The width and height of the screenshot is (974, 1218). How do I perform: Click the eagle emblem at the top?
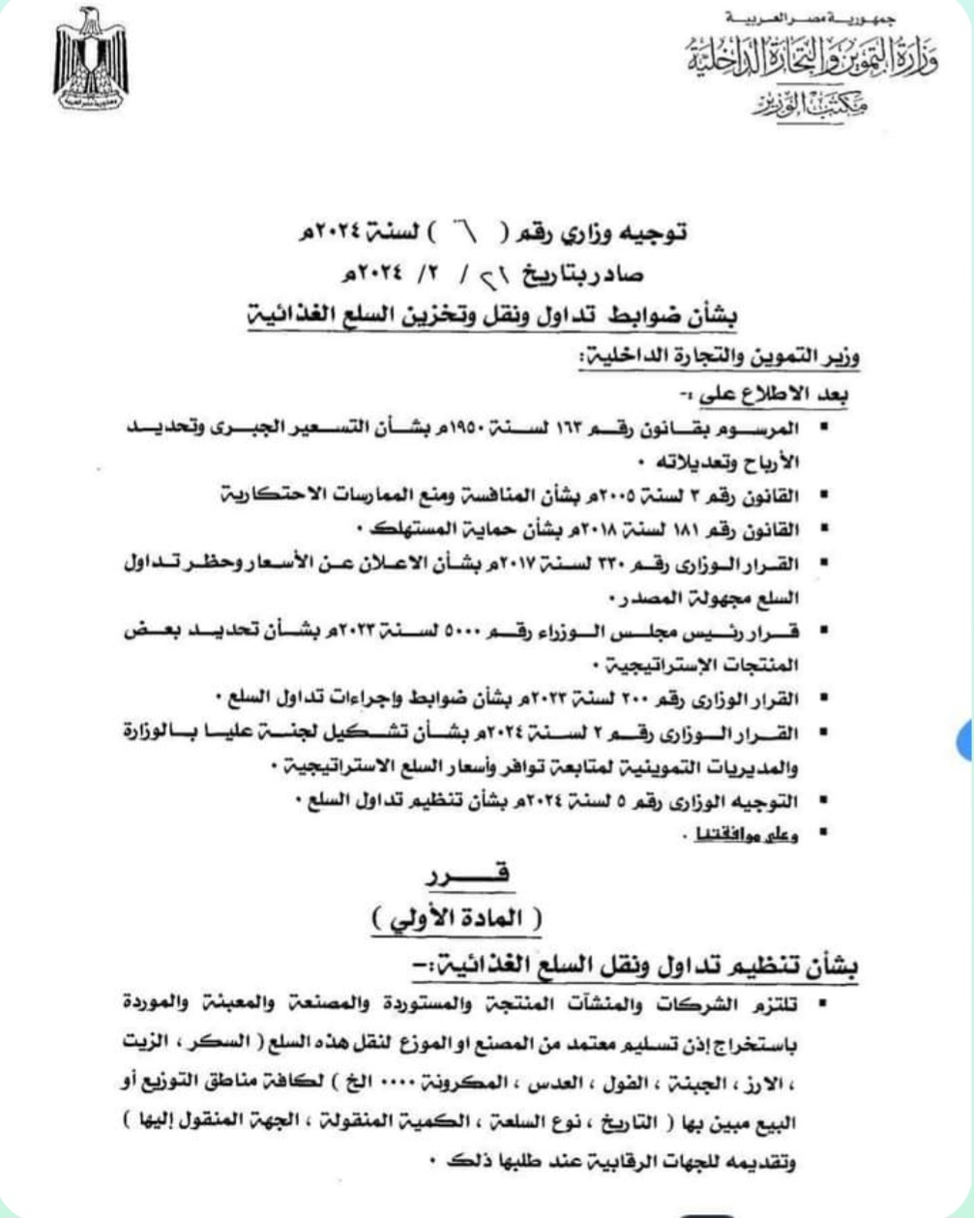click(x=91, y=60)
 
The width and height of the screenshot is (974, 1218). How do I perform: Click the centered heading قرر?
click(x=471, y=876)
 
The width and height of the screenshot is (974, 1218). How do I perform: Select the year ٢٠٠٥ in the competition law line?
click(x=601, y=494)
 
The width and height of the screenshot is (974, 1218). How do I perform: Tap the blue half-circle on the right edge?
click(x=964, y=741)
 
